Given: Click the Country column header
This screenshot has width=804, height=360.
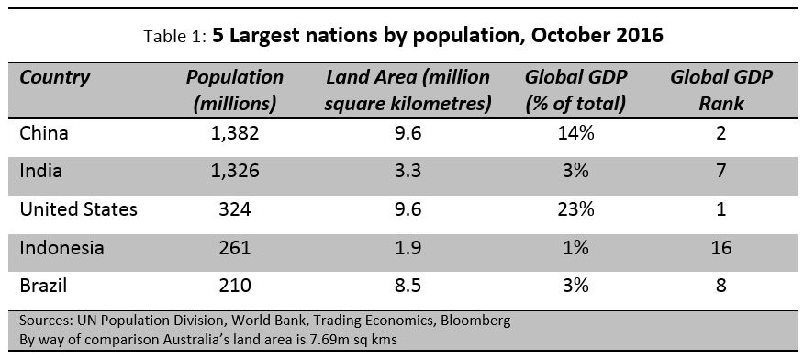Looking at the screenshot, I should point(56,78).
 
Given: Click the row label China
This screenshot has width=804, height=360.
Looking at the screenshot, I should point(44,134).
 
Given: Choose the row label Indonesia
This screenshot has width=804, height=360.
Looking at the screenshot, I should point(62,248).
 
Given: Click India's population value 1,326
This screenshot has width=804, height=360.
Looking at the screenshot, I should point(234,172).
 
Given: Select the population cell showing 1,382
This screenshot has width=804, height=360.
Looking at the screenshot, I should point(234,134).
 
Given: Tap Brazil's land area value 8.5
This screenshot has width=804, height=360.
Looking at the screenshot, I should point(408,286).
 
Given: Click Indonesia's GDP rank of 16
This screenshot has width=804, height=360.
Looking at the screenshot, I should point(720,248).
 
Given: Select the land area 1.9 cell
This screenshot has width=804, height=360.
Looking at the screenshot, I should point(408,248).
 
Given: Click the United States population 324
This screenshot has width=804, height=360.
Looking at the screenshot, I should point(234,209).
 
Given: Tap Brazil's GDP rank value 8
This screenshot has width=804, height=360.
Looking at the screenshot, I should point(720,286).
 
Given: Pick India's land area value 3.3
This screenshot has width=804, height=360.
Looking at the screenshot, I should point(408,172).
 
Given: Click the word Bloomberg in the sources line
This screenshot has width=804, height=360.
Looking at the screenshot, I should point(472,321).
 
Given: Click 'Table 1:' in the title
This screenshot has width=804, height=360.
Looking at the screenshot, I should point(175,39).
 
